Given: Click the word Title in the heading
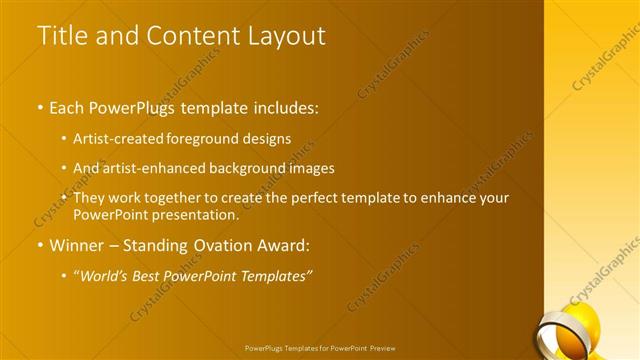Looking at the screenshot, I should pos(62,36).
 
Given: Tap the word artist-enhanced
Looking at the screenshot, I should pos(147,168).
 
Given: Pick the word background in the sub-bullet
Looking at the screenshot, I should pos(254,168).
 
